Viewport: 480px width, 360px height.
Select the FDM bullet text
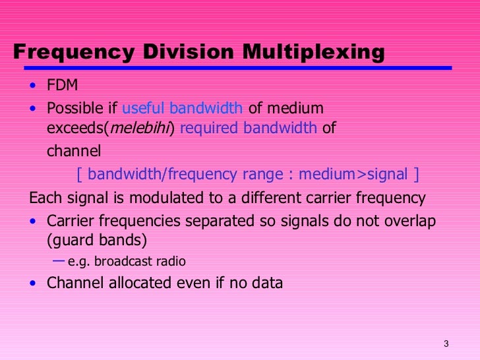pyautogui.click(x=61, y=85)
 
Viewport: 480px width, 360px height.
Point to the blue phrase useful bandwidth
pyautogui.click(x=183, y=108)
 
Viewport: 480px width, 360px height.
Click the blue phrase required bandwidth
pyautogui.click(x=248, y=128)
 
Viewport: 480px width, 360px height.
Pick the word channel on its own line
pyautogui.click(x=73, y=151)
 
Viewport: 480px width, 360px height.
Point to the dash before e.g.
pyautogui.click(x=59, y=260)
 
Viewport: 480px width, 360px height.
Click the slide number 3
pyautogui.click(x=446, y=344)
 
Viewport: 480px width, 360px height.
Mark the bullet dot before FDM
pyautogui.click(x=34, y=86)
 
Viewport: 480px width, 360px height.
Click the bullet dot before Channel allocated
pyautogui.click(x=34, y=284)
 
